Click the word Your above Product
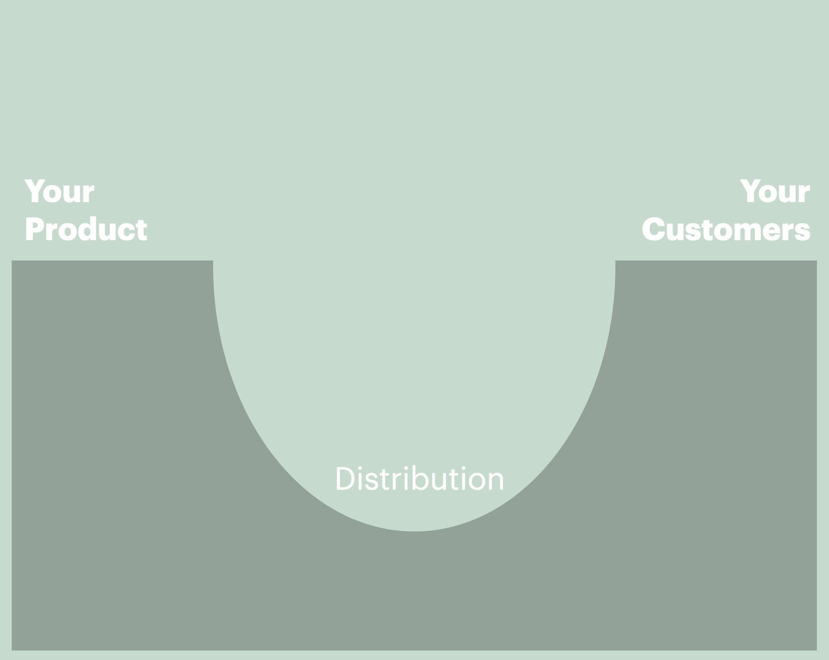click(x=59, y=191)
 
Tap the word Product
click(x=86, y=229)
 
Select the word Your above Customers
click(x=775, y=191)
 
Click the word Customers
click(x=726, y=229)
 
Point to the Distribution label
click(x=419, y=479)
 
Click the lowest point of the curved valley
click(x=414, y=531)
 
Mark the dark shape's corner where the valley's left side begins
click(x=213, y=261)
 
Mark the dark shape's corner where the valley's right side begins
click(x=615, y=261)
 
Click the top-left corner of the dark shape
click(x=12, y=261)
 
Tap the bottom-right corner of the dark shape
click(x=816, y=650)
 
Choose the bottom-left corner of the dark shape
click(x=12, y=650)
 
